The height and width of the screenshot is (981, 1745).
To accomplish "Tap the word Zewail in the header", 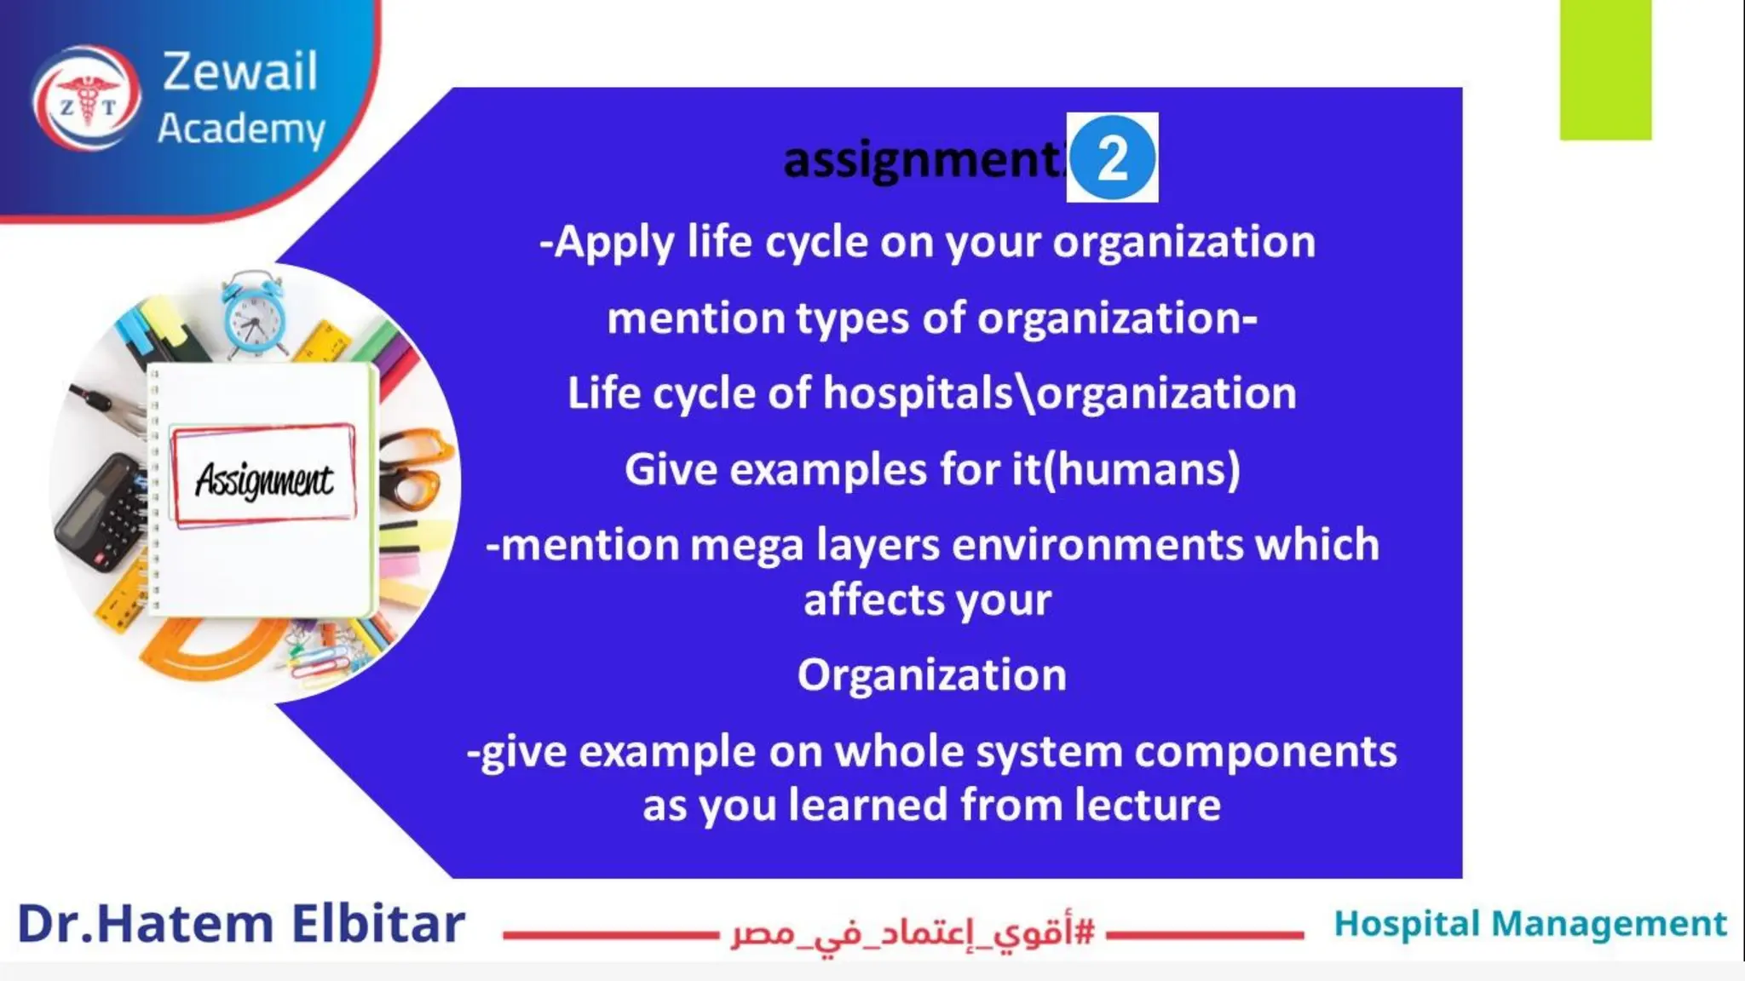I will (x=239, y=72).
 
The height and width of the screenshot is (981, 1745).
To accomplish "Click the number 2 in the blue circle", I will (x=1112, y=158).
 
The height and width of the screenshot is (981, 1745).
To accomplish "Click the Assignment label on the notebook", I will (x=263, y=479).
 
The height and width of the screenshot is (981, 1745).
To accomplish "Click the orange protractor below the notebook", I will (x=213, y=651).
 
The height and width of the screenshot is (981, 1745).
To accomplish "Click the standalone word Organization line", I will (x=931, y=676).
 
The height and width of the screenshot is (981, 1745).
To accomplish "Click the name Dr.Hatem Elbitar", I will (x=241, y=925).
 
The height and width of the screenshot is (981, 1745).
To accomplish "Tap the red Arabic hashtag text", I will (x=912, y=933).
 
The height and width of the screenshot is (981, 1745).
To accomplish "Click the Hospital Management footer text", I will (x=1529, y=924).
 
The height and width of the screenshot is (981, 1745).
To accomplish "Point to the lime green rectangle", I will (x=1605, y=70).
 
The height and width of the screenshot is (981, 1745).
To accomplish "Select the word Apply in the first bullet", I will (x=613, y=244).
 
